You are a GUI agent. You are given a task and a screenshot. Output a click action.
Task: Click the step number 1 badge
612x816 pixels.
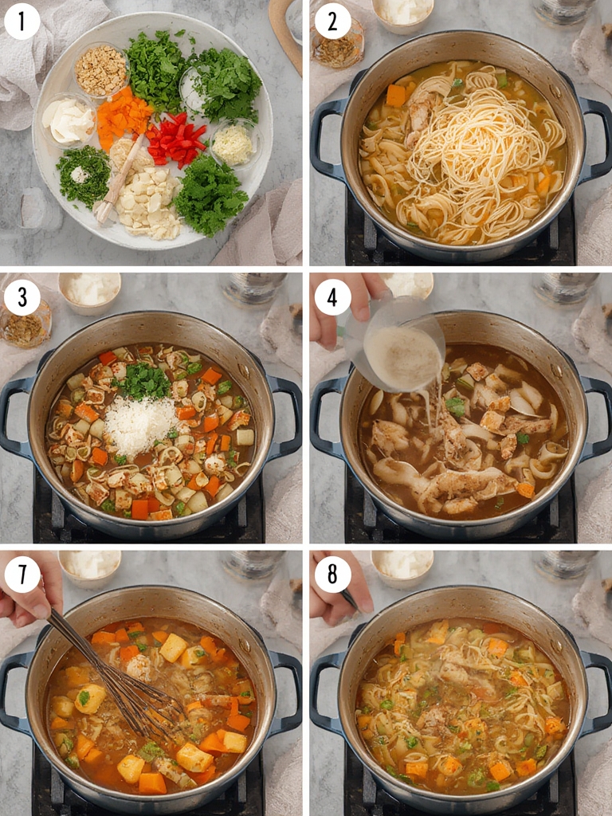22,22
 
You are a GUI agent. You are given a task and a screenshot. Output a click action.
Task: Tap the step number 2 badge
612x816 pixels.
332,22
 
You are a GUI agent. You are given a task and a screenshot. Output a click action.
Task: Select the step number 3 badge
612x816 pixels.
22,297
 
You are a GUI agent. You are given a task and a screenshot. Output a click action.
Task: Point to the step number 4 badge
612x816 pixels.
332,297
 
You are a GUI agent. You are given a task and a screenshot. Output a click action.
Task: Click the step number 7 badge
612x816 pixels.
22,574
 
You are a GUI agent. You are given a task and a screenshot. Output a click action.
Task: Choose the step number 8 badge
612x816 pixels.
332,574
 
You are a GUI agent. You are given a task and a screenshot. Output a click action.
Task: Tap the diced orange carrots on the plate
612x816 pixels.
124,116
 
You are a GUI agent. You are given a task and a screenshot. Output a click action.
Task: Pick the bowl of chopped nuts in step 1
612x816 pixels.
101,70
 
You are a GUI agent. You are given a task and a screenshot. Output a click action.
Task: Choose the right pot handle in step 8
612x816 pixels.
596,690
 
